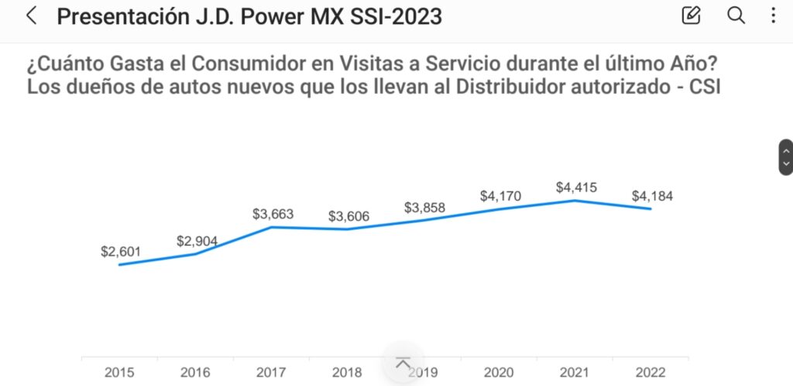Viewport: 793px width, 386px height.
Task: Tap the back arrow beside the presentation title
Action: coord(32,16)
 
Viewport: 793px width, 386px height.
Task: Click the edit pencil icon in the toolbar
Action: coord(691,16)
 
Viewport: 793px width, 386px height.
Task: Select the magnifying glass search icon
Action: coord(736,16)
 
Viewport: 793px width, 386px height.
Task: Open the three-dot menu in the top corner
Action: coord(774,16)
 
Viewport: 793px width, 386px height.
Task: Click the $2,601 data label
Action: coord(122,252)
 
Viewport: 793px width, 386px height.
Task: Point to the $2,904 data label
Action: coord(197,241)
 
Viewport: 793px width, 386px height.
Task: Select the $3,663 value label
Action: coord(273,214)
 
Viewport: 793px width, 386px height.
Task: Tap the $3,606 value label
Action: coord(348,216)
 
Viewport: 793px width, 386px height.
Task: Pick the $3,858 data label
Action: coord(424,208)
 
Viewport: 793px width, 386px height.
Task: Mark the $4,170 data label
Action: coord(500,196)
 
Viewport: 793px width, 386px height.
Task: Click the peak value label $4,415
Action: coord(576,188)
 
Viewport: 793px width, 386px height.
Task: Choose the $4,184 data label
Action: coord(652,196)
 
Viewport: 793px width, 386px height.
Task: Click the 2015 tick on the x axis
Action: coord(119,373)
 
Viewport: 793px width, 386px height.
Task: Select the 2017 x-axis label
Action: coord(271,373)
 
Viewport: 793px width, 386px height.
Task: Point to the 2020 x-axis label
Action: coord(499,373)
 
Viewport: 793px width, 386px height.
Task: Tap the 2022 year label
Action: coord(651,373)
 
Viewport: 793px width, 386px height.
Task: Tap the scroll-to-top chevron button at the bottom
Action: coord(403,363)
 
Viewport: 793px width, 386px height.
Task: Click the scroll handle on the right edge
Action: coord(786,157)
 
